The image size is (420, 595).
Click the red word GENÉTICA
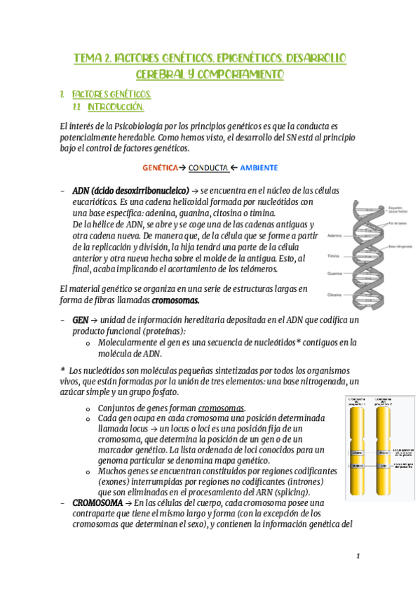click(160, 168)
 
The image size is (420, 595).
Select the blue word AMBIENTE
click(259, 168)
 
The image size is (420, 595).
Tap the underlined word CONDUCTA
click(208, 168)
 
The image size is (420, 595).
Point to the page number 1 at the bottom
click(357, 556)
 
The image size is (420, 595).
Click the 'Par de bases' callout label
click(396, 222)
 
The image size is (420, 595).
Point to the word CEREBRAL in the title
click(160, 73)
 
